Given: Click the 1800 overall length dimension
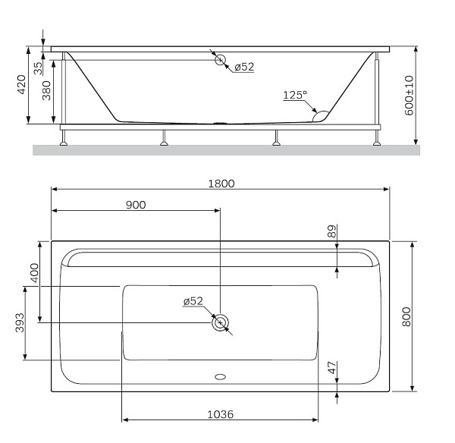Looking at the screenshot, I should coord(221,183).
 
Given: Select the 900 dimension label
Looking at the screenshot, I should coord(136,204).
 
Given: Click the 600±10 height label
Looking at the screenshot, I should coord(409,95).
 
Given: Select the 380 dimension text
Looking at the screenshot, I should coord(47,91).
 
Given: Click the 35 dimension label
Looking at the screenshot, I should coord(37,65).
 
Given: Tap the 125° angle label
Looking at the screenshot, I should coord(295,95).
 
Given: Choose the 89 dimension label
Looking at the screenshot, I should coord(331,231).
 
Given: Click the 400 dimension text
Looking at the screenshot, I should coord(33,273).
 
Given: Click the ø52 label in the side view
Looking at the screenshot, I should coord(243,67).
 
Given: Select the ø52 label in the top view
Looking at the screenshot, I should coord(193,301).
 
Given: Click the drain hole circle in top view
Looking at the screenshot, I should coord(220,322).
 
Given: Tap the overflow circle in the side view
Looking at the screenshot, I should coord(220,60).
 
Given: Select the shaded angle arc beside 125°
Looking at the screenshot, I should coord(321,115).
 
